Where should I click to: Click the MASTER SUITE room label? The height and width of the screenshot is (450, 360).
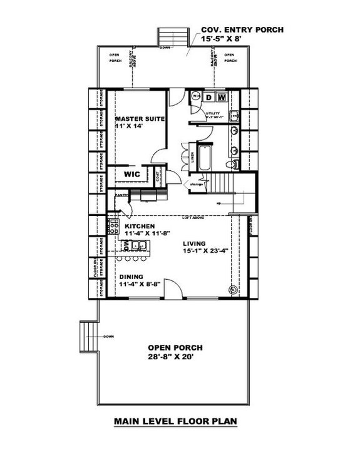click(140, 118)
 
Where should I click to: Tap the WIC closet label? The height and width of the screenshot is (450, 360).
click(131, 174)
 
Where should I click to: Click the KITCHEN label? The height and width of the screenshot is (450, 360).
click(139, 226)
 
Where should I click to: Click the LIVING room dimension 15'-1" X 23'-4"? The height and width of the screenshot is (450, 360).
click(204, 252)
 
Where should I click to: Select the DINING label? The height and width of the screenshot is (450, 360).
click(132, 276)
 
